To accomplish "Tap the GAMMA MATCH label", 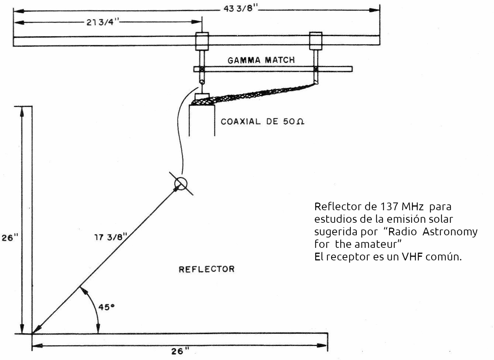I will click(261, 60).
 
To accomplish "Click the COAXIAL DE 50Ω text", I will click(263, 121).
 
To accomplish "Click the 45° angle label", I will click(105, 307).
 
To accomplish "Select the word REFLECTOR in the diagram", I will click(206, 269).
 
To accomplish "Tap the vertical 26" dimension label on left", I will click(10, 238).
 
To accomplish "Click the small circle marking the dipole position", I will click(181, 183).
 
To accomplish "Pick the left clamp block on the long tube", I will click(202, 41).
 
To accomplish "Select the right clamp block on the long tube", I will click(316, 41).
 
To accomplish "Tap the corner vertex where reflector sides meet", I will click(32, 334).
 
